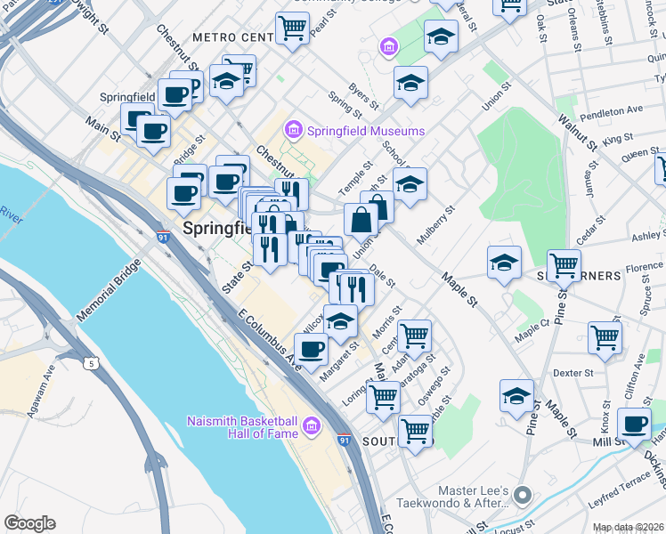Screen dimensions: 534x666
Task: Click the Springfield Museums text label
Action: click(366, 131)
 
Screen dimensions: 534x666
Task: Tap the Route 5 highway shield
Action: click(91, 362)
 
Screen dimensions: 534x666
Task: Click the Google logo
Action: click(29, 523)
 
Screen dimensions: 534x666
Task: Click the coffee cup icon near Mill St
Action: click(633, 424)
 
